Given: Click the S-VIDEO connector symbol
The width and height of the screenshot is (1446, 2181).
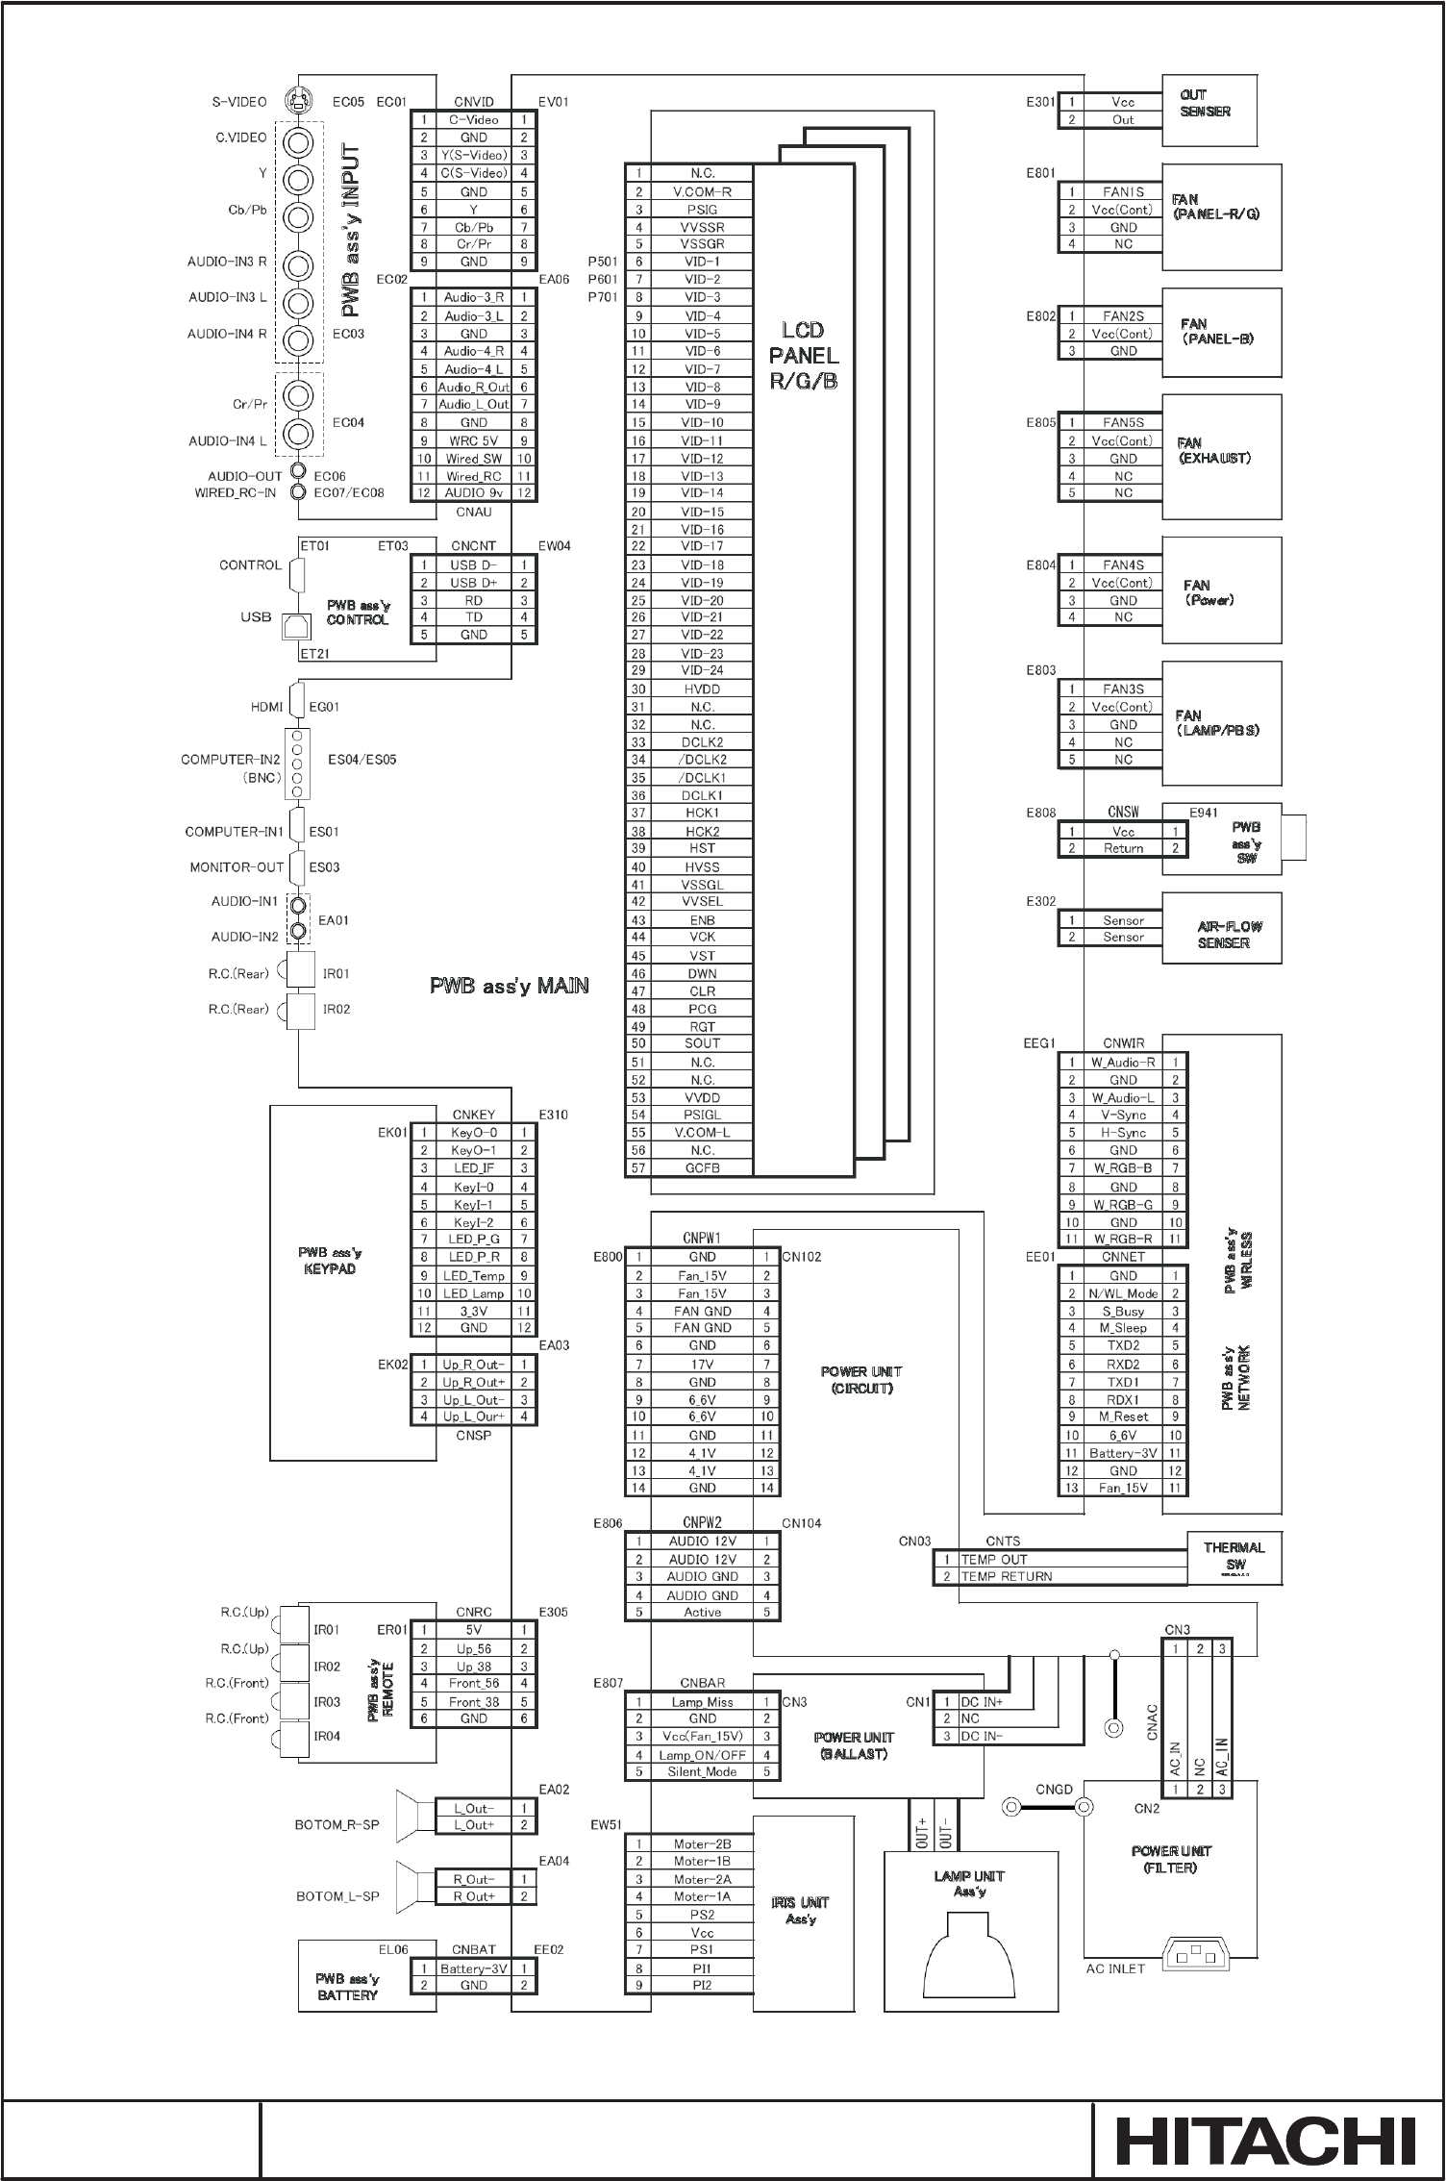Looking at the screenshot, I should coord(299,100).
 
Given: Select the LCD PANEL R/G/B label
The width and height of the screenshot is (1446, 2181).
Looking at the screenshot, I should coord(804,356).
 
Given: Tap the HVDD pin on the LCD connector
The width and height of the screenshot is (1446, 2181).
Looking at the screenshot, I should coord(702,689).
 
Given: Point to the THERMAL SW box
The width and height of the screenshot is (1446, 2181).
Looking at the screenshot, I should coord(1234,1557).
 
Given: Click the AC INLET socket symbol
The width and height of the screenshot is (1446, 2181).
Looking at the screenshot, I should coord(1197,1953).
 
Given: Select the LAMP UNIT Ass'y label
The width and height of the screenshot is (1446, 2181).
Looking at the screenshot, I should coord(969,1883).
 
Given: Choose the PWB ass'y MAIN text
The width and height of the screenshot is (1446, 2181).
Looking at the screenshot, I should coord(509,986).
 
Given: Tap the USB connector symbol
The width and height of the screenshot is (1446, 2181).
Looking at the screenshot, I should coord(297,627).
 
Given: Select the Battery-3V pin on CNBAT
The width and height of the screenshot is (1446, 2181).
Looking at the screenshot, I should coord(473,1968).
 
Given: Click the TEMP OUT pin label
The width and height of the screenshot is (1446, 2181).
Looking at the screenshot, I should coord(994,1559).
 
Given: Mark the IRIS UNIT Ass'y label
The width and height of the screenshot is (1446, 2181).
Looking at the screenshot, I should coord(801,1910).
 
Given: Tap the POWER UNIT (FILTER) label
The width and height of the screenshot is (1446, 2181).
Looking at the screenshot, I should coord(1171,1859).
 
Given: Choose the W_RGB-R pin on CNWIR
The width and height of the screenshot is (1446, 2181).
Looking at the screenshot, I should coord(1122,1239).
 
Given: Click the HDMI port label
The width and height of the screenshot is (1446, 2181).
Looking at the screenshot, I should coord(267,707).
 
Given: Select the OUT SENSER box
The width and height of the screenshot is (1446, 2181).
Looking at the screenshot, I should coord(1221,111).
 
